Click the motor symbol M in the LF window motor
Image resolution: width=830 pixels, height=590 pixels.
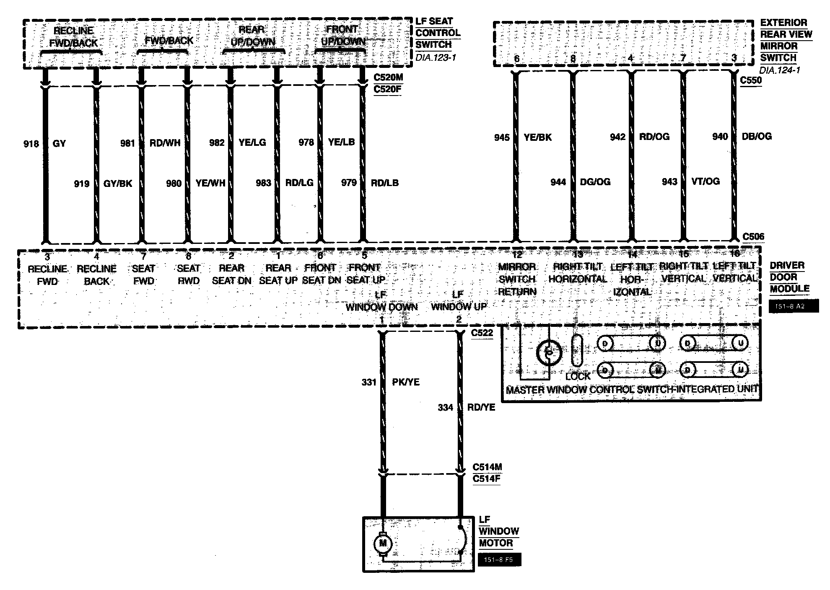[x=382, y=544]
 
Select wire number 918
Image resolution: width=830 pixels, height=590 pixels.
[x=31, y=144]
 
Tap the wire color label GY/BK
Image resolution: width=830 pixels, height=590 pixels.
[x=118, y=184]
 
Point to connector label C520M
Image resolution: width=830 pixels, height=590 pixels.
[x=387, y=78]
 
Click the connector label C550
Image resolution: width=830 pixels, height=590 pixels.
[x=751, y=80]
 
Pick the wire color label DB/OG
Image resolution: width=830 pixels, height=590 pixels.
[x=757, y=137]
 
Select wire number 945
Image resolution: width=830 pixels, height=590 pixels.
[x=502, y=137]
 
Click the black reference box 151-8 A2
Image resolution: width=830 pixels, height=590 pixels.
[x=794, y=306]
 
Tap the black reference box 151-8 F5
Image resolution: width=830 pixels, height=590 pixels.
[x=499, y=560]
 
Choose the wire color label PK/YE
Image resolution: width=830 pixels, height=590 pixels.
[x=405, y=382]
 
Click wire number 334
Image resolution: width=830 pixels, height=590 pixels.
[x=446, y=407]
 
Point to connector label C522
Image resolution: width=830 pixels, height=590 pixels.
[x=482, y=333]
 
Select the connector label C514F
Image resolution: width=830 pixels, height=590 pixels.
[x=487, y=479]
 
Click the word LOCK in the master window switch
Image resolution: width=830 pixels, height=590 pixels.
[x=578, y=376]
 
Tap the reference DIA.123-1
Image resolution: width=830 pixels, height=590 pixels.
[x=436, y=57]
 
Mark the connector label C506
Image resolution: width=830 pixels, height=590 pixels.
[x=753, y=237]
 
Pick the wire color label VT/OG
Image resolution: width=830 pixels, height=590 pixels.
[x=705, y=181]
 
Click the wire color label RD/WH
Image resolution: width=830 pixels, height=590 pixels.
[x=165, y=143]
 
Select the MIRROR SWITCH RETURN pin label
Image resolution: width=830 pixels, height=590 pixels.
[x=517, y=279]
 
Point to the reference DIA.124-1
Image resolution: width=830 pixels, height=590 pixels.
[x=779, y=70]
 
